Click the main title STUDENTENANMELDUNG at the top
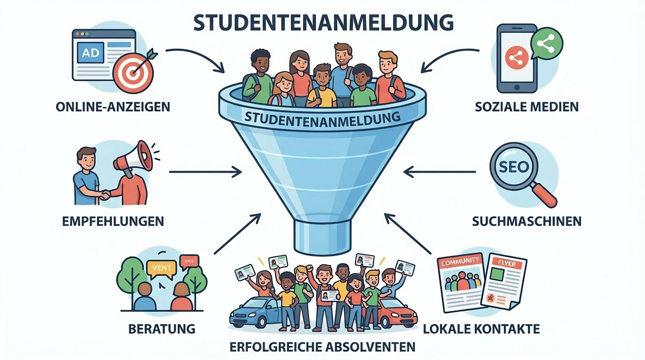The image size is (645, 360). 323,22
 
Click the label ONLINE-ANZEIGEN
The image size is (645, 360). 112,107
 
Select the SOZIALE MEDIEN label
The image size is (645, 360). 527,106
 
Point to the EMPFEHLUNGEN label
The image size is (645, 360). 113,221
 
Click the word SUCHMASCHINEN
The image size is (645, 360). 527,221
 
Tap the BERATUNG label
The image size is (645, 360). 162,329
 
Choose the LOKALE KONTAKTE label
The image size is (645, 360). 481,329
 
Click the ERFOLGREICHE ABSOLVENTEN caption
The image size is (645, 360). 322,347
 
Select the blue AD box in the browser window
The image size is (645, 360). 90,53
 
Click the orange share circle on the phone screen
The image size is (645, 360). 516,58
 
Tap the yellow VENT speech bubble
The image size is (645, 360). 161,268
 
